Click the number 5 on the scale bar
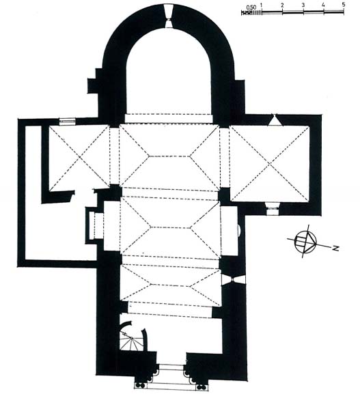[x=344, y=5]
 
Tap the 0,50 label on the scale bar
[x=251, y=8]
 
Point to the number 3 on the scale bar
[x=303, y=5]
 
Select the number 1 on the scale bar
[x=262, y=5]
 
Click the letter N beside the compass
[x=335, y=249]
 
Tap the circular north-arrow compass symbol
[x=305, y=242]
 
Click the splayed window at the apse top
[x=168, y=16]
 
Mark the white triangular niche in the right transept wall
[x=275, y=119]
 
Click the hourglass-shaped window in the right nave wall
[x=234, y=280]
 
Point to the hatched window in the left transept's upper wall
[x=68, y=122]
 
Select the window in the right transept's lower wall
[x=273, y=208]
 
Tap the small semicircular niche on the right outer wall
[x=240, y=230]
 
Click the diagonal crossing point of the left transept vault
[x=79, y=157]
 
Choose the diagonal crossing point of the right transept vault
[x=270, y=164]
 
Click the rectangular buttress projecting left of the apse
[x=93, y=85]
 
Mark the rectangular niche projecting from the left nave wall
[x=94, y=225]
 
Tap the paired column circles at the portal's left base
[x=139, y=385]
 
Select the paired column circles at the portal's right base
[x=201, y=386]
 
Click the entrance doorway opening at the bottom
[x=171, y=371]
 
